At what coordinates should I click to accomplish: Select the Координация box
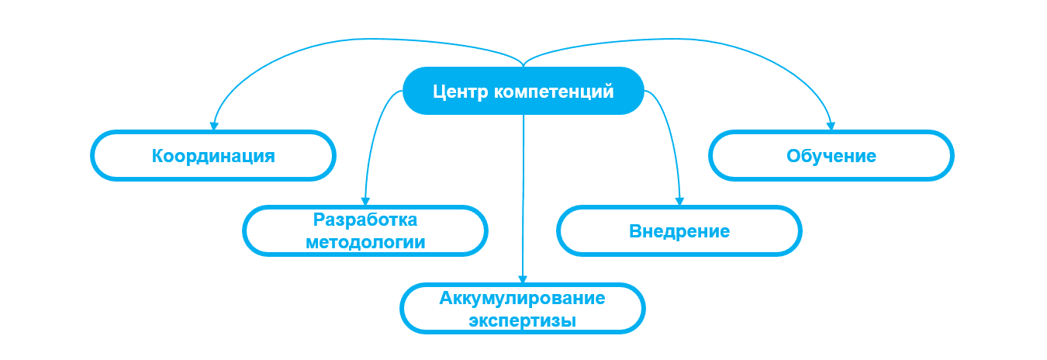[213, 156]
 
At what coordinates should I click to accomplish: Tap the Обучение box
[831, 156]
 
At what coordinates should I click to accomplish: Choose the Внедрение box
[679, 231]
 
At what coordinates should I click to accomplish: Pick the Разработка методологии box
[365, 230]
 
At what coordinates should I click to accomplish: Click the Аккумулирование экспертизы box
[523, 308]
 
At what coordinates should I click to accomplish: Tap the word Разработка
[365, 220]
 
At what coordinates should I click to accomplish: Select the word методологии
[365, 241]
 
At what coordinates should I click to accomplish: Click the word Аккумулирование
[523, 297]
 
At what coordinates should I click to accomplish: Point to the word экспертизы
[523, 319]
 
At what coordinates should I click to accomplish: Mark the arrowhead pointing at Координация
[213, 126]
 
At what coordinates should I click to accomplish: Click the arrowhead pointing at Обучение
[831, 126]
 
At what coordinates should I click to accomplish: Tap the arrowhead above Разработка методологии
[365, 201]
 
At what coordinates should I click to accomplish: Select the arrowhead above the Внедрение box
[680, 201]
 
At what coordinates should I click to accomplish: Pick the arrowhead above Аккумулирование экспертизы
[523, 279]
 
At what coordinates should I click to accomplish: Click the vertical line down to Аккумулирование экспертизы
[523, 194]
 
